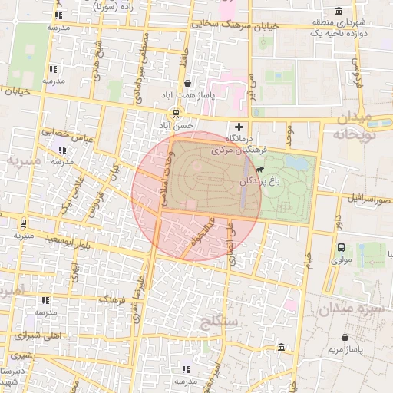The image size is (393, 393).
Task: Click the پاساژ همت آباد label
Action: coord(179,95)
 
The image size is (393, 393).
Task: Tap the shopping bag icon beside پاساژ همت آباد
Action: coord(188,84)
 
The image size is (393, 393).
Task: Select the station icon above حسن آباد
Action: coord(176,112)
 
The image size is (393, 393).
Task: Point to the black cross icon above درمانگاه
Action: coord(239,127)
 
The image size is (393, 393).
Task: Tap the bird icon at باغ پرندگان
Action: coord(263,170)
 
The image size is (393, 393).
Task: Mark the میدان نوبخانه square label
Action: coord(362,126)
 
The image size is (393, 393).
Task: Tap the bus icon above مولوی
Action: coord(342,247)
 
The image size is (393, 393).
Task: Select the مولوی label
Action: coord(342,259)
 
